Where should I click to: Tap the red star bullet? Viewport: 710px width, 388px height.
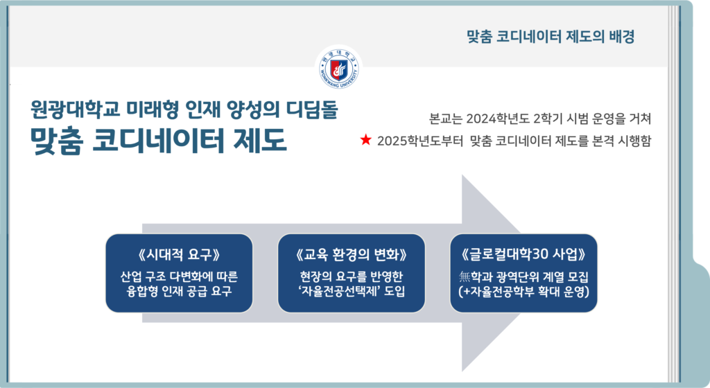pos(366,140)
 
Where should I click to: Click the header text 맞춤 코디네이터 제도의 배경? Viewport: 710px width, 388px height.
pos(551,36)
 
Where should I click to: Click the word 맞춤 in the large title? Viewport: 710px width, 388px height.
pos(57,140)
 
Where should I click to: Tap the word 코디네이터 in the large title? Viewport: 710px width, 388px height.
pos(159,140)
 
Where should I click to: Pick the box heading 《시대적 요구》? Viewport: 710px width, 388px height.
pos(180,255)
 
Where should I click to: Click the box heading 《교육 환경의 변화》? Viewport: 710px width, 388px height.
pos(352,255)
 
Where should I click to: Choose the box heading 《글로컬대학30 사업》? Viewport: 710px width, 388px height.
pos(523,254)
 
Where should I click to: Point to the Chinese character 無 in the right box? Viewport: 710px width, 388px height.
pos(465,276)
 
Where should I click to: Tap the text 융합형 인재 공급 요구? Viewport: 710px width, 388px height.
pos(180,291)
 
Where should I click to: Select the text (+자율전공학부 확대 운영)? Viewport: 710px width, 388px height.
pos(523,292)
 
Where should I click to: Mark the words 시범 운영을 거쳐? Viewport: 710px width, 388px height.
pos(609,119)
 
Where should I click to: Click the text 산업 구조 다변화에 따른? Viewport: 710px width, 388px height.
pos(180,276)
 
